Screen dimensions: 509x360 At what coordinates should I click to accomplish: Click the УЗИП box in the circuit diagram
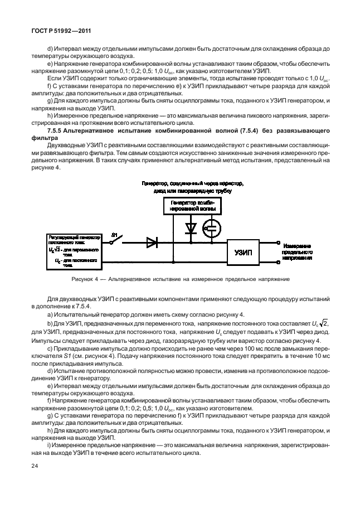coord(244,251)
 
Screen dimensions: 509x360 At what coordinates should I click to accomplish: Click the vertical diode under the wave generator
coord(191,228)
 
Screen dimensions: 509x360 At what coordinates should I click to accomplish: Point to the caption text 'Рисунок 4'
coord(84,279)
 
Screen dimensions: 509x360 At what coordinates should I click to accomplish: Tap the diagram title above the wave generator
coord(192,187)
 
